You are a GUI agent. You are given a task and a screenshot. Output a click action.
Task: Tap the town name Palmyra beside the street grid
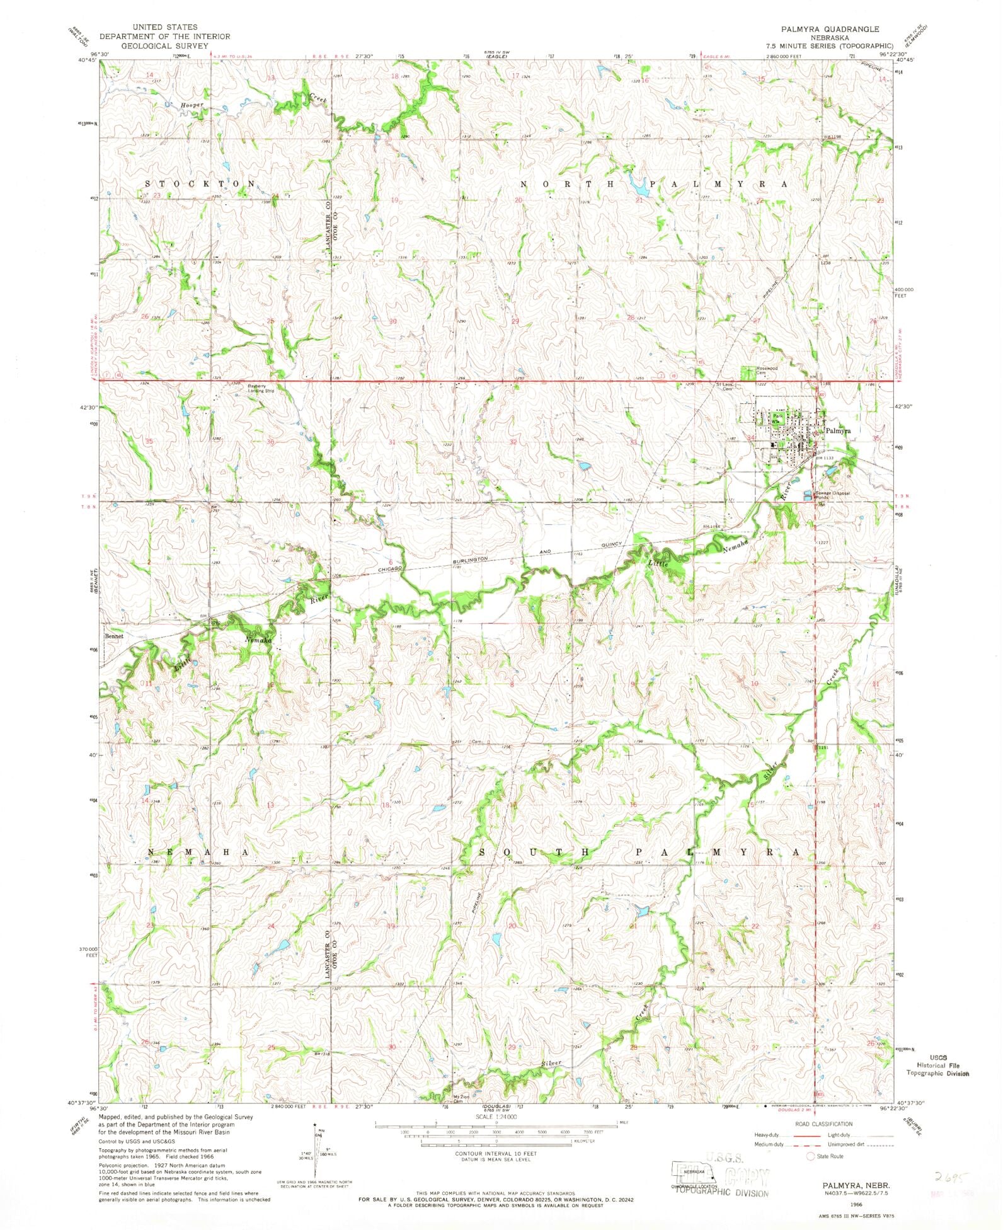tap(838, 431)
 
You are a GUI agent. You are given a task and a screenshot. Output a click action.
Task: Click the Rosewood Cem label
tap(767, 370)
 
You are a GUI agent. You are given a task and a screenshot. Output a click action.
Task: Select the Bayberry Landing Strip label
tap(261, 388)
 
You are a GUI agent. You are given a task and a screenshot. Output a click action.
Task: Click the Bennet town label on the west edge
tap(114, 636)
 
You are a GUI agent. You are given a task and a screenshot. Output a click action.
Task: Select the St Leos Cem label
tap(724, 386)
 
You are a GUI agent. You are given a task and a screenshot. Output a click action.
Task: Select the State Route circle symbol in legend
tap(811, 1156)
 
